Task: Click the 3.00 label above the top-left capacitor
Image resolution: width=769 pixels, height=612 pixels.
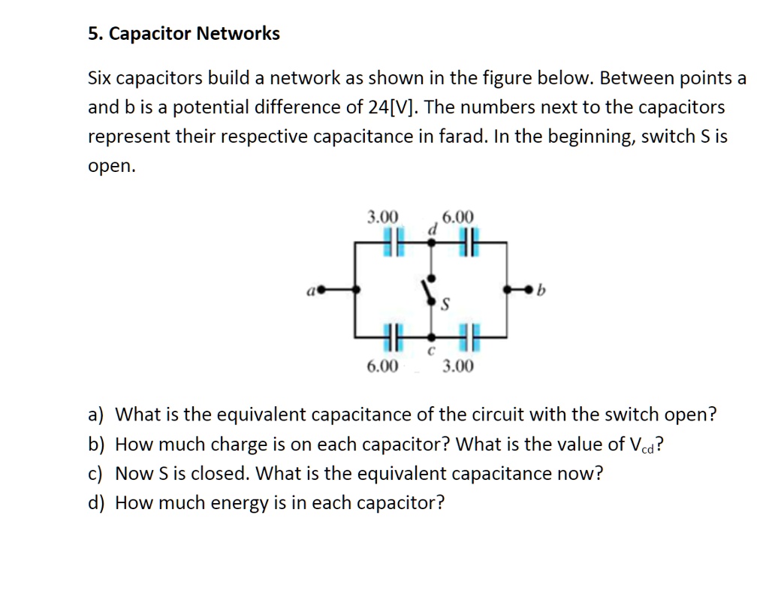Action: [383, 218]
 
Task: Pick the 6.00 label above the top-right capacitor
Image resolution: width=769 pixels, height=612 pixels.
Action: [458, 218]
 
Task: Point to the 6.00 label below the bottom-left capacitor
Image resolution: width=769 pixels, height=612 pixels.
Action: [383, 366]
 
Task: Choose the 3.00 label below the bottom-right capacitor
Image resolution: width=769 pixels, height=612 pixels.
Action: [458, 366]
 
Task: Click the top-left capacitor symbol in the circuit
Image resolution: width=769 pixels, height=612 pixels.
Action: [391, 243]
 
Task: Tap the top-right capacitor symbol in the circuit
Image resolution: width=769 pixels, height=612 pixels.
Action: [469, 243]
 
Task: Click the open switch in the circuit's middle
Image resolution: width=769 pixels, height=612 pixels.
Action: [429, 289]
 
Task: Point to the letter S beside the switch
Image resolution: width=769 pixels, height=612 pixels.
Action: [445, 306]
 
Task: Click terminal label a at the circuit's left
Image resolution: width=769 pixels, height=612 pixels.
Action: [309, 288]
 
